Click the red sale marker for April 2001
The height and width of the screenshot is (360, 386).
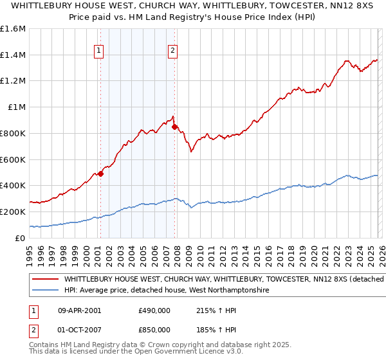tap(100, 174)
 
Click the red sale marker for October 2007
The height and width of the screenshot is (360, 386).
tap(174, 127)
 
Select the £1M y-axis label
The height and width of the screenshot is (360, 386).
tap(17, 107)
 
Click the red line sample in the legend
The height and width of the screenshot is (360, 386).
tap(46, 280)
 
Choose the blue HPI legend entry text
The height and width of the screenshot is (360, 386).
tap(166, 291)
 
